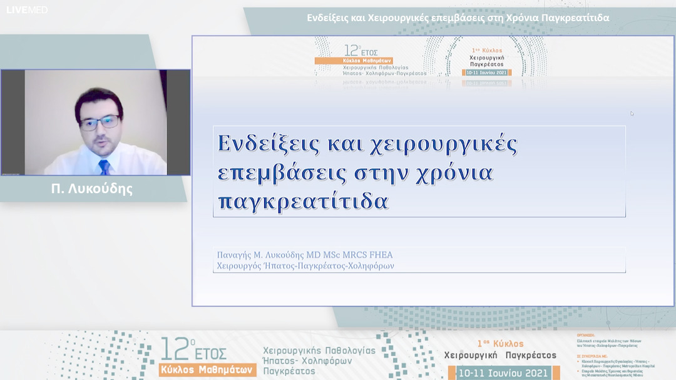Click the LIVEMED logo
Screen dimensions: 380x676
(27, 10)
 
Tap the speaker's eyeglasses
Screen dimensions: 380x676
(100, 121)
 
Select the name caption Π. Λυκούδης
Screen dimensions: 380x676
(92, 189)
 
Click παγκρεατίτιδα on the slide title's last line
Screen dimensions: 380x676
(303, 201)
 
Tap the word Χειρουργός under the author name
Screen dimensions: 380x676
(241, 266)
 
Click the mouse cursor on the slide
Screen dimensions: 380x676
(632, 113)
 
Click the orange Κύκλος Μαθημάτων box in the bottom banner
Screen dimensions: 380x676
(208, 369)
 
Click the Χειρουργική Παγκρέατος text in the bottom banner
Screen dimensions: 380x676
(499, 355)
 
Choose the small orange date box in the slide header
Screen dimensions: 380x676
(486, 72)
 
